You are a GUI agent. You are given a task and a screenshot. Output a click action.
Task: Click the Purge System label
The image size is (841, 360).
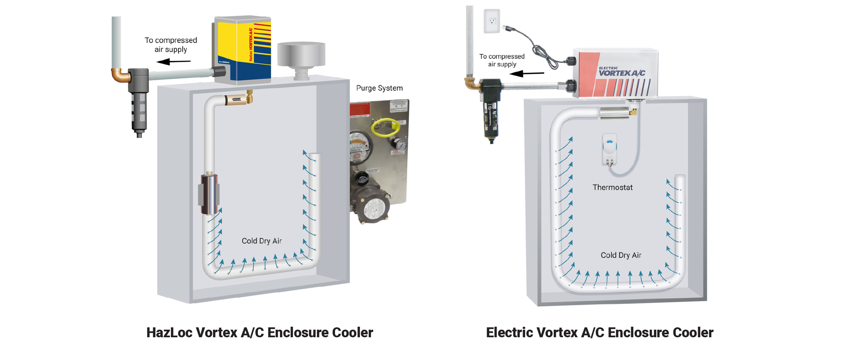[379, 88]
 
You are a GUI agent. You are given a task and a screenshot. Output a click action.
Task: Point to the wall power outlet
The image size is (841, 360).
[492, 21]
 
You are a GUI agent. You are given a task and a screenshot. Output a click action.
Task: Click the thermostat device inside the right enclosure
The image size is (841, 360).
[609, 149]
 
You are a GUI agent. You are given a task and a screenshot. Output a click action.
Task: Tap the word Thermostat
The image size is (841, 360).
[612, 187]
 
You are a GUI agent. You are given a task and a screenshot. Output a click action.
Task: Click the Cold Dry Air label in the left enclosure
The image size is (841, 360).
[261, 241]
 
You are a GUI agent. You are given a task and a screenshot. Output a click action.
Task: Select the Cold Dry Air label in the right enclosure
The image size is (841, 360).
[621, 255]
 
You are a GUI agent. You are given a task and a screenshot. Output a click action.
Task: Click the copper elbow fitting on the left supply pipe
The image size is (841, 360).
[120, 76]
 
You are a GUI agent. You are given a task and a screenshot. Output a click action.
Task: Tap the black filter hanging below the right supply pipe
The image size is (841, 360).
[491, 112]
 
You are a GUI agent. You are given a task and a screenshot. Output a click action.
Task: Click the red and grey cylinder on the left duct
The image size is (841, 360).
[209, 194]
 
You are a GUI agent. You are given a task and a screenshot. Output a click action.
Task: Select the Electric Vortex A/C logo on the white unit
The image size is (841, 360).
[622, 72]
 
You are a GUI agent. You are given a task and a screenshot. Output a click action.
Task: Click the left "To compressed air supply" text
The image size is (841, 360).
[171, 45]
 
